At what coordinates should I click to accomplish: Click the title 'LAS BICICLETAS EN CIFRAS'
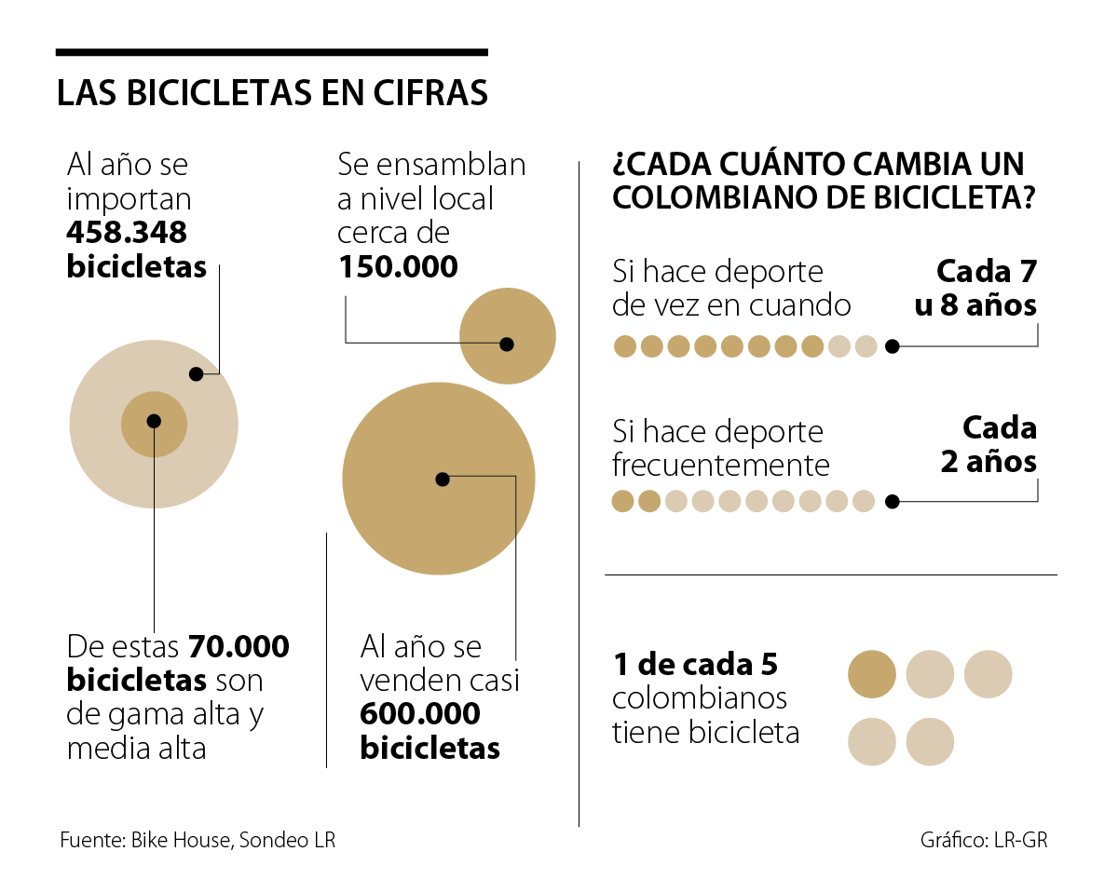(x=272, y=94)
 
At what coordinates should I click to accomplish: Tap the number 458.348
(x=127, y=232)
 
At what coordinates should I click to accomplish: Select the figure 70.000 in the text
(x=239, y=646)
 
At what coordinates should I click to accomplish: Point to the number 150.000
(x=398, y=267)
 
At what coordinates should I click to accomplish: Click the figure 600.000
(x=420, y=714)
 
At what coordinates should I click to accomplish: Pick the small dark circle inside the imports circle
(x=154, y=422)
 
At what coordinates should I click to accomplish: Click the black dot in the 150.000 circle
(x=507, y=344)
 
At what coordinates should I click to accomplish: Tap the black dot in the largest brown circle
(x=443, y=480)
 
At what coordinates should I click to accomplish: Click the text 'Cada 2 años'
(x=989, y=444)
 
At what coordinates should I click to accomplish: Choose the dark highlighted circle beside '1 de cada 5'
(x=872, y=674)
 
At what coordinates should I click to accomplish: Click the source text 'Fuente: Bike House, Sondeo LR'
(x=198, y=840)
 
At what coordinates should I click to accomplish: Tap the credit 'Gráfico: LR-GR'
(x=984, y=840)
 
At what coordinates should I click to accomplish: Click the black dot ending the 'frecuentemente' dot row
(x=892, y=502)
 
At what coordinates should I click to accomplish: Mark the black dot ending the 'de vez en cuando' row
(x=892, y=346)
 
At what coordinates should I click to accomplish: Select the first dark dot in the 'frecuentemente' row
(x=622, y=502)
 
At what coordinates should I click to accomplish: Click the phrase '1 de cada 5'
(x=695, y=665)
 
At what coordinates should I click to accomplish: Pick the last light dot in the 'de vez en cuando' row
(x=866, y=346)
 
